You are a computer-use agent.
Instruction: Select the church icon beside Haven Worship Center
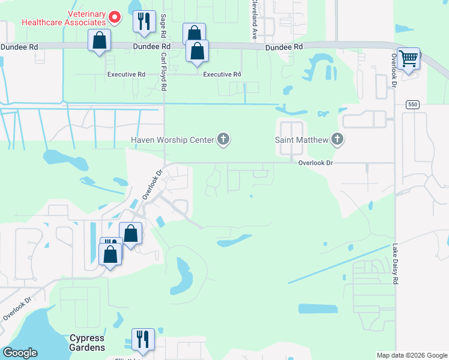point(223,140)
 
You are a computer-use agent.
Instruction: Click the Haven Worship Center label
point(173,140)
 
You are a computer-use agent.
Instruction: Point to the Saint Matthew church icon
point(337,140)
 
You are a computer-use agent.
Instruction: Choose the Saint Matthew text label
point(302,140)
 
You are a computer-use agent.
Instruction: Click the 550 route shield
point(411,104)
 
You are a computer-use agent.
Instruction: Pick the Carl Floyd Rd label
point(163,71)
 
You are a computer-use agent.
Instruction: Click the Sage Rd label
point(163,24)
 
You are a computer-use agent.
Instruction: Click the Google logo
point(20,353)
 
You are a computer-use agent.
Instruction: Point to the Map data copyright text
point(411,355)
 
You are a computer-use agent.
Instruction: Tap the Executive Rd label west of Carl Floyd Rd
point(126,74)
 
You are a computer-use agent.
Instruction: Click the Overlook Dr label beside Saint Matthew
point(316,163)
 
